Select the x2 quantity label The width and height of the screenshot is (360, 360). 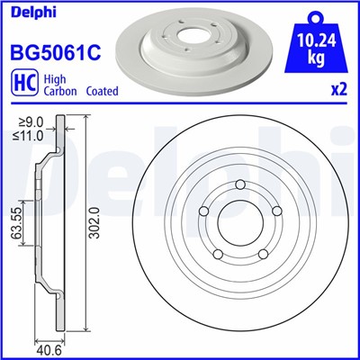[339, 90]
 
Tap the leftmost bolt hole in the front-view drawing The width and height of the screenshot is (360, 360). [203, 211]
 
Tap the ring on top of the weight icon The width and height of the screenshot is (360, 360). [315, 13]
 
